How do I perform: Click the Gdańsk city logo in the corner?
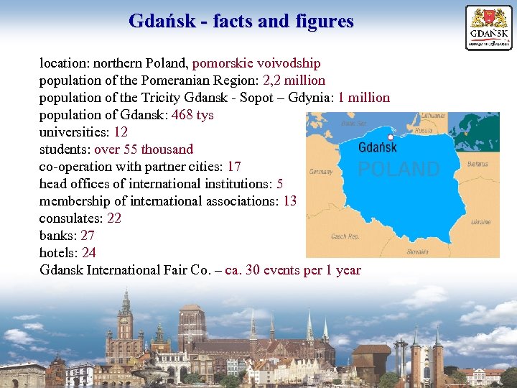(x=489, y=27)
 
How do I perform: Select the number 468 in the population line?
(x=183, y=115)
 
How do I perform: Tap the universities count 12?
(x=121, y=132)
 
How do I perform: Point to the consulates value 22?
(x=114, y=218)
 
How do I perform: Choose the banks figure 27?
(x=88, y=236)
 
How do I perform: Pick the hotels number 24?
(x=89, y=253)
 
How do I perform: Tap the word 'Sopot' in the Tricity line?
(x=246, y=98)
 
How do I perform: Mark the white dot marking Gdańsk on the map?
(x=390, y=137)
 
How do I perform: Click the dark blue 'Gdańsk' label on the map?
(x=377, y=147)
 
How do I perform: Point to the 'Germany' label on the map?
(x=321, y=172)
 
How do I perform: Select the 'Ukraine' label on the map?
(x=480, y=222)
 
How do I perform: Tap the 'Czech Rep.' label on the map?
(x=345, y=236)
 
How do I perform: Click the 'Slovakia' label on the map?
(x=417, y=252)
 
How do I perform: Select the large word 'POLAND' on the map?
(x=399, y=170)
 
